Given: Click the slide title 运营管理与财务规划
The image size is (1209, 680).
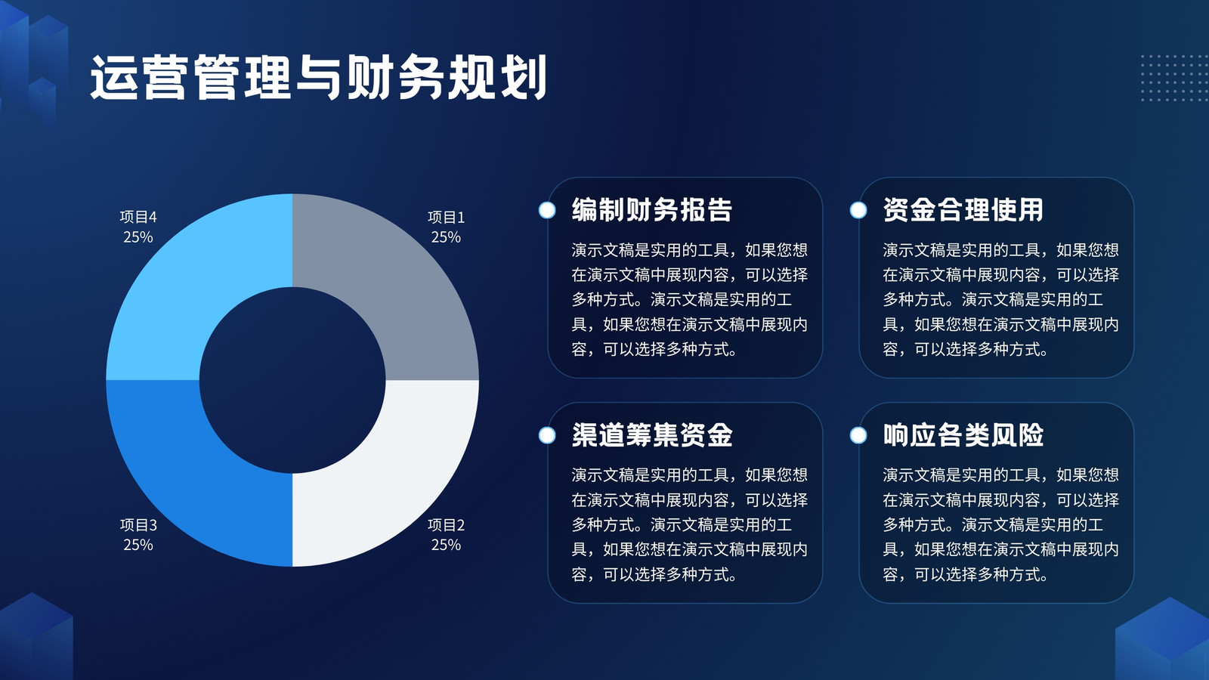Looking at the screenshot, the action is click(318, 77).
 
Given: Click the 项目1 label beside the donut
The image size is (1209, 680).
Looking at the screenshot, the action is click(446, 217).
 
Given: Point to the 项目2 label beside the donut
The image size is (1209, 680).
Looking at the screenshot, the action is click(446, 524).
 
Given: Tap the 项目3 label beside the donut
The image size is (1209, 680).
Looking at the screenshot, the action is click(138, 524).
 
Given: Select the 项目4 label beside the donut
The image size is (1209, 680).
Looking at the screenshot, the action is click(138, 217).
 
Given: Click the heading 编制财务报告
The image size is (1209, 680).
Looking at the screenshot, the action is click(651, 209).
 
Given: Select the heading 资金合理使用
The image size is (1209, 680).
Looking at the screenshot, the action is click(963, 209).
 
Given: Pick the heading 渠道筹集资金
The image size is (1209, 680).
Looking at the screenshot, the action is click(651, 434).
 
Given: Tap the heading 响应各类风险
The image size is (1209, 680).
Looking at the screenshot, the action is click(963, 434).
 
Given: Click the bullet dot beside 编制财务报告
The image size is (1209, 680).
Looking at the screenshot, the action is click(547, 210).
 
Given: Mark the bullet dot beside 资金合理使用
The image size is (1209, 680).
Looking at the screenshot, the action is click(858, 210).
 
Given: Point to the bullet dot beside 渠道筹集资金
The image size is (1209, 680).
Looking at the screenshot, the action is click(547, 435).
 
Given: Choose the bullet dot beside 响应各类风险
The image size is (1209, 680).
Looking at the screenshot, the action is click(858, 435).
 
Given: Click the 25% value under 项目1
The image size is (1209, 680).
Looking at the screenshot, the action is click(446, 237).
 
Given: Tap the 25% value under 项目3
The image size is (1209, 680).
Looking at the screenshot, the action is click(138, 545).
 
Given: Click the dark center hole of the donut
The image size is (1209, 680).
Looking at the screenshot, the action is click(292, 381).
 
